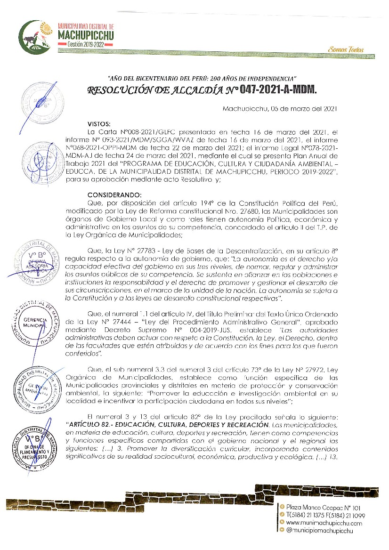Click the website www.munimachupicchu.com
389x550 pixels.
[324, 523]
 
